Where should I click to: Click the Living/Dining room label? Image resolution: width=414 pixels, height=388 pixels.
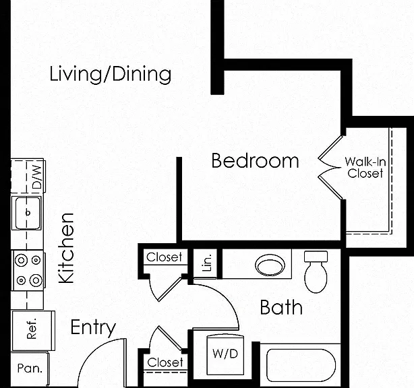(x=111, y=75)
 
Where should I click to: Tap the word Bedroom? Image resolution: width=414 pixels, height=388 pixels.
(x=255, y=160)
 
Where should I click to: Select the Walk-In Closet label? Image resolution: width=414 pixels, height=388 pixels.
(x=365, y=167)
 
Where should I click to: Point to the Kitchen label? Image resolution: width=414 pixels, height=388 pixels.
(x=66, y=248)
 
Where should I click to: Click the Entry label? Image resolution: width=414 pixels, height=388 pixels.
(x=93, y=328)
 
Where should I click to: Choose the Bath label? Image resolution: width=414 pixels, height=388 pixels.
(x=281, y=307)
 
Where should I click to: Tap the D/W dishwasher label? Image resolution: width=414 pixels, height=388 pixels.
(x=37, y=177)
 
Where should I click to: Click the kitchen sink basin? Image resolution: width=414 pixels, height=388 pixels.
(x=28, y=213)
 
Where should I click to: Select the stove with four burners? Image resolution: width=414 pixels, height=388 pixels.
(x=28, y=270)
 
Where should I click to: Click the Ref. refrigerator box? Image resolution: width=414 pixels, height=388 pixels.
(x=32, y=331)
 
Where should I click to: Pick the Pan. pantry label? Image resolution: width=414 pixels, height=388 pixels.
(x=30, y=368)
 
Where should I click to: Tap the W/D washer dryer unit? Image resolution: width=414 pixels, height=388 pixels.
(x=225, y=354)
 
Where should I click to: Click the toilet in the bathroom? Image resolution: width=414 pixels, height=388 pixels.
(x=316, y=271)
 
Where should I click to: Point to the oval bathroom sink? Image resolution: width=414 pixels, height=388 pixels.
(x=270, y=265)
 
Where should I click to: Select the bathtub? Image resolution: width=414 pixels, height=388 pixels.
(x=301, y=366)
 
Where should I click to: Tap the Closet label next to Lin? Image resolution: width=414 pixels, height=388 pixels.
(x=165, y=257)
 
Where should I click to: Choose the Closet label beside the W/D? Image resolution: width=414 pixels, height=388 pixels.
(x=165, y=362)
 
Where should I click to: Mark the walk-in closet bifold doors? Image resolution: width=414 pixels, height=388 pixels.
(x=330, y=167)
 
